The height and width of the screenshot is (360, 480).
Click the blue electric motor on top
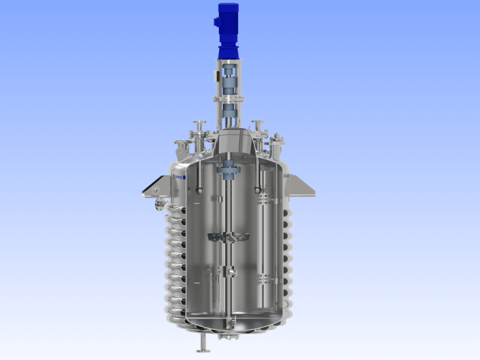click(x=229, y=30)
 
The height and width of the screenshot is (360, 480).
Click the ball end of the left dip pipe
click(x=199, y=191)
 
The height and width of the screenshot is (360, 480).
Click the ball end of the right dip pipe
click(x=257, y=191)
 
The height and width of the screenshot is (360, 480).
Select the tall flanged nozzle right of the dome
click(x=258, y=128)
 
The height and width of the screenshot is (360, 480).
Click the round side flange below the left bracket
click(x=159, y=205)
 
